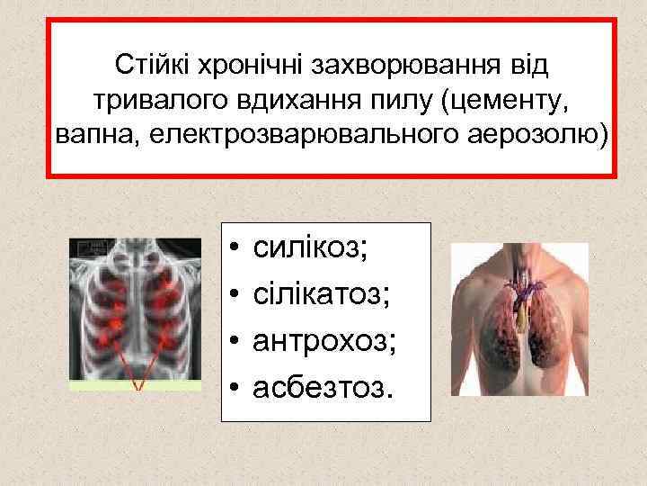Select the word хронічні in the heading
(244, 66)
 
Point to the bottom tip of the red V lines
(137, 388)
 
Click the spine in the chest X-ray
(137, 306)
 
